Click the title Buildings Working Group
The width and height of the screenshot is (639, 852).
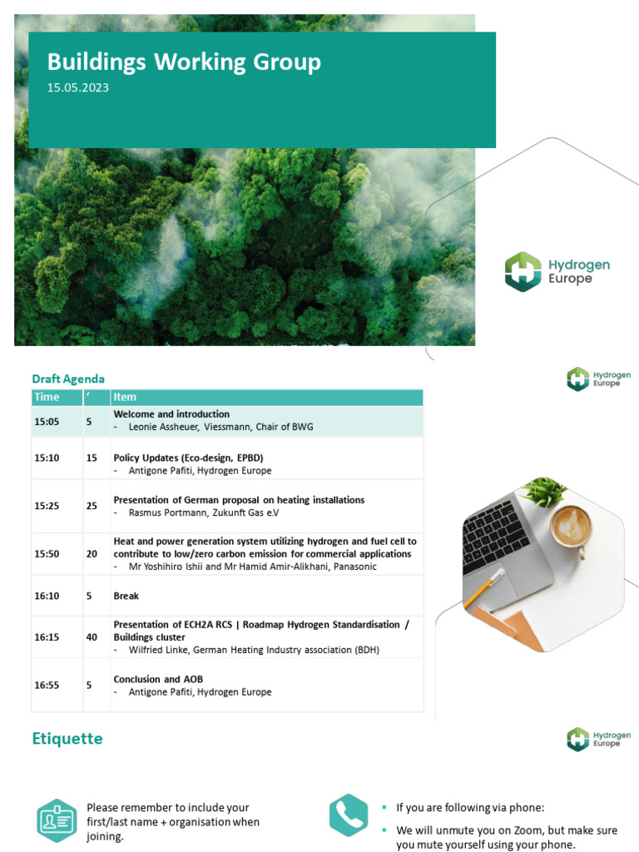(x=183, y=62)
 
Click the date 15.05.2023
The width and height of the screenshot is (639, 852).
(x=77, y=87)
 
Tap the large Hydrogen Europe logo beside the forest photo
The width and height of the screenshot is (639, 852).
(x=557, y=272)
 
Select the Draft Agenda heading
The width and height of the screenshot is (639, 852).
(x=68, y=379)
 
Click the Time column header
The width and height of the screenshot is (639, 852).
(x=47, y=397)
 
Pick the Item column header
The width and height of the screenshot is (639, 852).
(x=125, y=397)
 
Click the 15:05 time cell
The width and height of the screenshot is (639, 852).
(x=47, y=422)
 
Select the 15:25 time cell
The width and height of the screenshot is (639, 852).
(x=47, y=506)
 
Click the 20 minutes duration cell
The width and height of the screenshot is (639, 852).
(x=92, y=554)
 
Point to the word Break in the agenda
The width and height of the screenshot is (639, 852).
(x=126, y=596)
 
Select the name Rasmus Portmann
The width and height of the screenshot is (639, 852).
(x=165, y=513)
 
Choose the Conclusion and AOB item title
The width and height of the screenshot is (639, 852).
(x=158, y=679)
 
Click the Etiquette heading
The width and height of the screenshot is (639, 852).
(x=67, y=738)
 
